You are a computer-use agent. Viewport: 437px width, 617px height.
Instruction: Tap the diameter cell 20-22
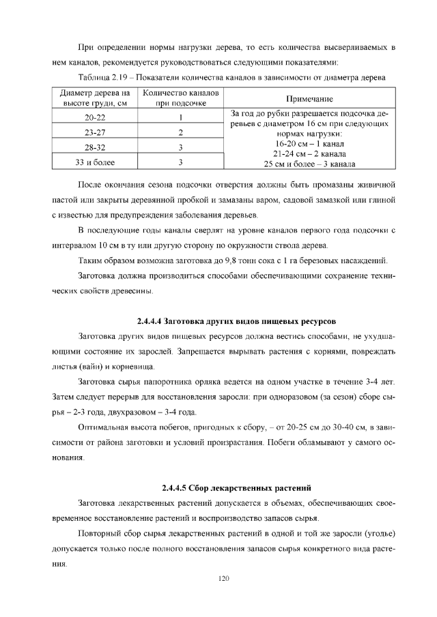coord(94,117)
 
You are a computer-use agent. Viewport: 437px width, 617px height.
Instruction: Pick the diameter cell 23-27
coord(94,132)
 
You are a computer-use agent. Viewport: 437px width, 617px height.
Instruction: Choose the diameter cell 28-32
coord(94,147)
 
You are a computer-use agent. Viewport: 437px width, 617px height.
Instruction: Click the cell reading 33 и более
coord(94,162)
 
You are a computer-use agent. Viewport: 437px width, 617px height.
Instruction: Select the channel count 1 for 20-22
coord(180,117)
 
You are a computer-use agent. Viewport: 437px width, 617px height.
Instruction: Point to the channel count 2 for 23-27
coord(180,132)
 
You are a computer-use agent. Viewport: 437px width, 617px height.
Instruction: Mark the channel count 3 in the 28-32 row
coord(180,147)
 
